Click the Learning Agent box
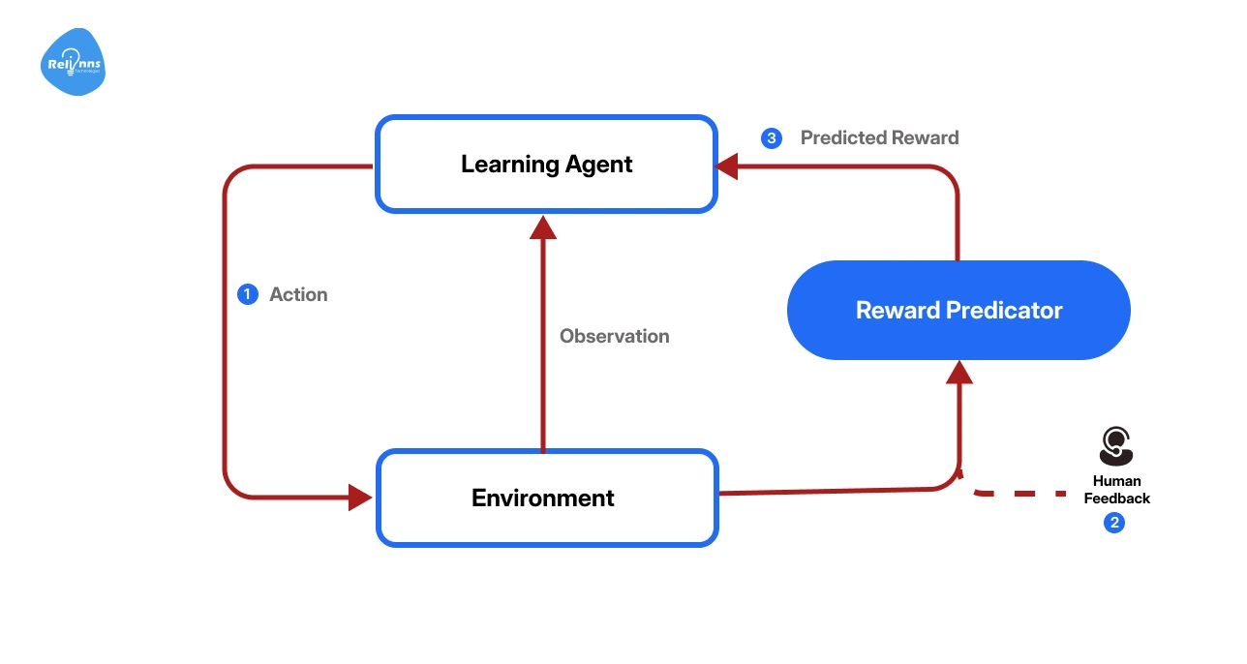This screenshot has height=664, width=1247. click(x=546, y=164)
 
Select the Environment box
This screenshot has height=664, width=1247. click(x=546, y=498)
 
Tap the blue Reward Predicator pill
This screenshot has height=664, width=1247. click(x=958, y=311)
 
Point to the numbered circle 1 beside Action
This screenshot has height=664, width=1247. click(x=248, y=294)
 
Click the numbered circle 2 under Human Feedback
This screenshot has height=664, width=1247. click(x=1114, y=523)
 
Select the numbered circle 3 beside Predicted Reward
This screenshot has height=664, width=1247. click(x=771, y=138)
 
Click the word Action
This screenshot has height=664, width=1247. click(x=298, y=294)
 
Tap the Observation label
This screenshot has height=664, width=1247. click(x=614, y=336)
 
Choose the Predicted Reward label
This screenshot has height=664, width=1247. click(x=879, y=138)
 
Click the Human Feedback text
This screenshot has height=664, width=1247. click(x=1116, y=490)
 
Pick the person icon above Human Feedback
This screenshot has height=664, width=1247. click(x=1116, y=446)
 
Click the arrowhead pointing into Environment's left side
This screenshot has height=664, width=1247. click(x=361, y=498)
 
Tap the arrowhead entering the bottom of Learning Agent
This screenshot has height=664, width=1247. click(x=543, y=227)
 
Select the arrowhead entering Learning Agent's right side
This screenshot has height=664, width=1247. click(x=726, y=166)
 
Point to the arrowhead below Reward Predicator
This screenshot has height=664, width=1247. click(x=958, y=373)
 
